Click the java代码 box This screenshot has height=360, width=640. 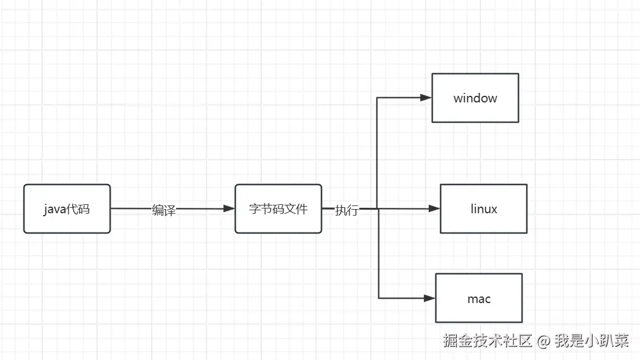(x=67, y=208)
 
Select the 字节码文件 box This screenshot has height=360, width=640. (x=278, y=208)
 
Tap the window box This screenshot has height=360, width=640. (x=475, y=98)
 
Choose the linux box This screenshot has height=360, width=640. (x=483, y=208)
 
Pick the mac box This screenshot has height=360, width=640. (x=478, y=298)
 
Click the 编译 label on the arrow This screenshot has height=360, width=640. (x=163, y=210)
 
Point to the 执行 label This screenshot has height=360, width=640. (x=347, y=210)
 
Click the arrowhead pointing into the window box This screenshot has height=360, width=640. (x=426, y=98)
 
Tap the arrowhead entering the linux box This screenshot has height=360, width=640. (x=434, y=208)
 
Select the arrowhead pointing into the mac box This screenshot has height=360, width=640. (x=429, y=298)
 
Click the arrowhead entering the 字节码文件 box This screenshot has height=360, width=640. (x=229, y=208)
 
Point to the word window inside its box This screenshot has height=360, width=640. (x=475, y=98)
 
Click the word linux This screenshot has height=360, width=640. (x=484, y=209)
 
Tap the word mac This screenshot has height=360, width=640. (x=479, y=298)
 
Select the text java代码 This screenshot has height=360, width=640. (x=66, y=209)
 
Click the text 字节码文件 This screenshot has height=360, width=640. (x=278, y=209)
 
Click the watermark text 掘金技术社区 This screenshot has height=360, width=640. (x=488, y=341)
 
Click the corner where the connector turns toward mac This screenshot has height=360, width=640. (x=379, y=298)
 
